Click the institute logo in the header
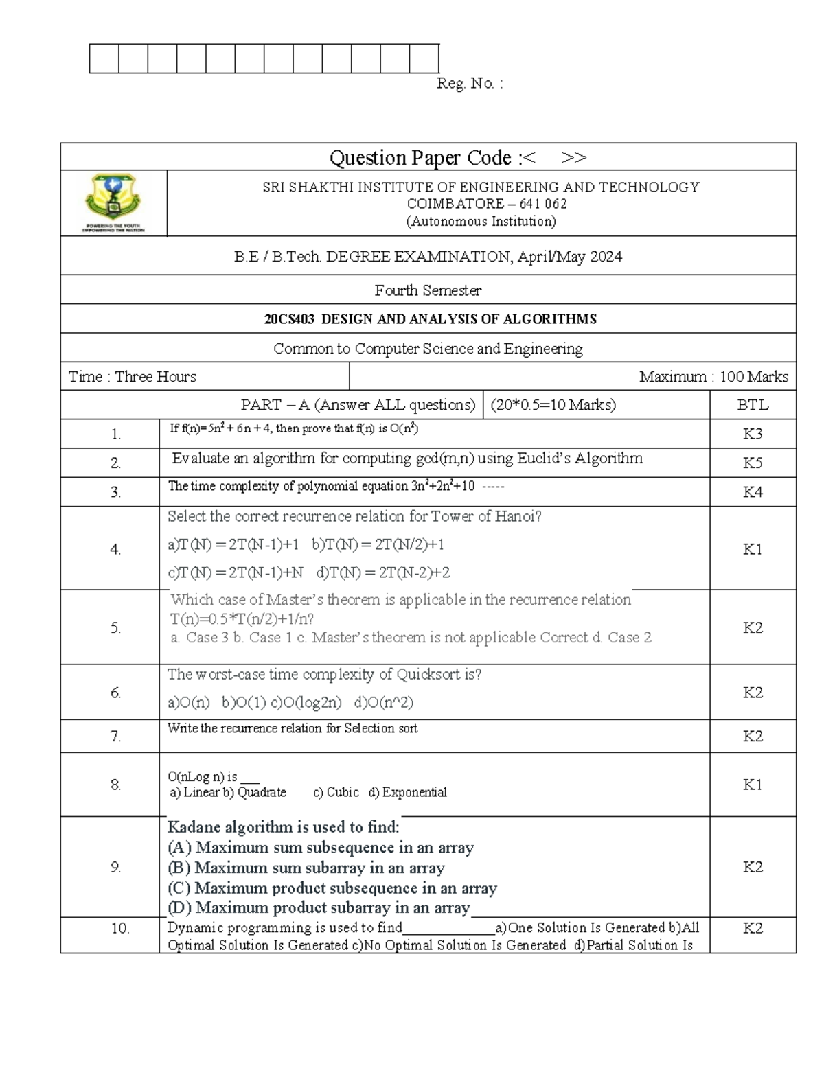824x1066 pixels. point(113,202)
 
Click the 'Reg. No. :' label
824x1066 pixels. point(470,84)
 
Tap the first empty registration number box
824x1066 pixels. point(104,58)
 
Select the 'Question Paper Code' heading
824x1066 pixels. point(420,158)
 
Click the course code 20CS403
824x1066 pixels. point(290,319)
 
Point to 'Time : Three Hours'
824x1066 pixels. point(133,377)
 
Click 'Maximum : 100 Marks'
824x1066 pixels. point(713,377)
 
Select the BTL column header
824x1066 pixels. point(753,405)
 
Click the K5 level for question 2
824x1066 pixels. point(753,463)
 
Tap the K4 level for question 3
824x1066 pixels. point(753,492)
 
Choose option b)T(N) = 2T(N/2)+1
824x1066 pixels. point(378,545)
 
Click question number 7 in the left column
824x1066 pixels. point(115,737)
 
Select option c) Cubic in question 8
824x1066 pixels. point(336,792)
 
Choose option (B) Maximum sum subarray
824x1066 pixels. point(306,868)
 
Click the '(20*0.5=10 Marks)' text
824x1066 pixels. point(553,405)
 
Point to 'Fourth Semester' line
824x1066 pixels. point(428,290)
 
